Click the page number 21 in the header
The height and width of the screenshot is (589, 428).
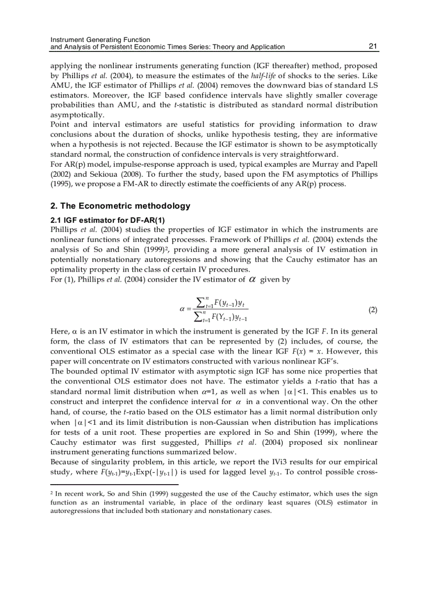click(373, 47)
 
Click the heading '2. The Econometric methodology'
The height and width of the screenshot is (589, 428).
click(120, 206)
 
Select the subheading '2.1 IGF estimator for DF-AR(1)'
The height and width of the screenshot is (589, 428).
click(100, 220)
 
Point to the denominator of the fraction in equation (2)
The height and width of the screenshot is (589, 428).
click(221, 317)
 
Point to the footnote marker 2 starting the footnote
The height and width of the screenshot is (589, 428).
click(51, 493)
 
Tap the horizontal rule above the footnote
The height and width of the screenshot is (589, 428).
click(114, 485)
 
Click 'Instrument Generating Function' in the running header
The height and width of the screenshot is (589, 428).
click(100, 39)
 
